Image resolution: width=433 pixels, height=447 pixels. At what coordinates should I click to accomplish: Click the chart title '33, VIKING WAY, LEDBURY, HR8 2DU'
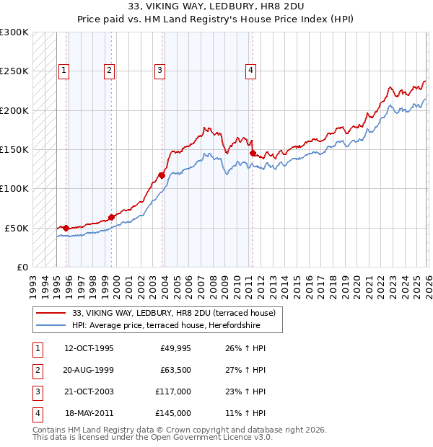(216, 6)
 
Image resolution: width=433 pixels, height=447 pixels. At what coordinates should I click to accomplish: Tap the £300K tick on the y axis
(14, 32)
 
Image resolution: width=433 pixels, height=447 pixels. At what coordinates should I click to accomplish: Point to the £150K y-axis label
(14, 149)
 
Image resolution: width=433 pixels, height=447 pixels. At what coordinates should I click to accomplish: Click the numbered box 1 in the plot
(64, 70)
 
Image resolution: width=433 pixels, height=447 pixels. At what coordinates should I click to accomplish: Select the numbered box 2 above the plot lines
(109, 70)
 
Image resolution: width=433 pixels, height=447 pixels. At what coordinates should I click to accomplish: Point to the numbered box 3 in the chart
(159, 70)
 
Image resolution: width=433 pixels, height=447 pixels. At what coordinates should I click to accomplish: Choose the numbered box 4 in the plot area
(250, 70)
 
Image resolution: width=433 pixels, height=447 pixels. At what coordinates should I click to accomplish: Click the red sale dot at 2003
(162, 174)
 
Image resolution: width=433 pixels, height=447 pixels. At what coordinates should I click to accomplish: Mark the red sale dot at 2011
(253, 153)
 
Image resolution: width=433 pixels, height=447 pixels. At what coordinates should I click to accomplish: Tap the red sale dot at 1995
(66, 228)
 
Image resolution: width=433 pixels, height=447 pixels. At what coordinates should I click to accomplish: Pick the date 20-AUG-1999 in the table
(89, 370)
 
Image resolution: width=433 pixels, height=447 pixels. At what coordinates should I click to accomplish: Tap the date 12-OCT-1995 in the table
(89, 348)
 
